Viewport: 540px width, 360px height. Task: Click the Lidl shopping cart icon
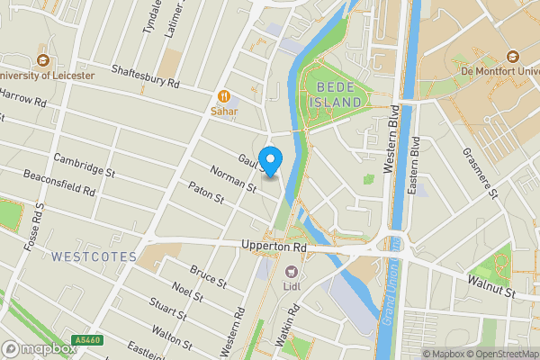tap(291, 272)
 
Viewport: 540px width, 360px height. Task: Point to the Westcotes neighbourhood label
tap(94, 256)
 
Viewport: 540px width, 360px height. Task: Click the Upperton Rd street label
tap(274, 246)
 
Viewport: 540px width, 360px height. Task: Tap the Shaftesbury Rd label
tap(146, 76)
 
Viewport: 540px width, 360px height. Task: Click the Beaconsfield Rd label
tap(59, 183)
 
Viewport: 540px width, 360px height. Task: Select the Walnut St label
tap(490, 287)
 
